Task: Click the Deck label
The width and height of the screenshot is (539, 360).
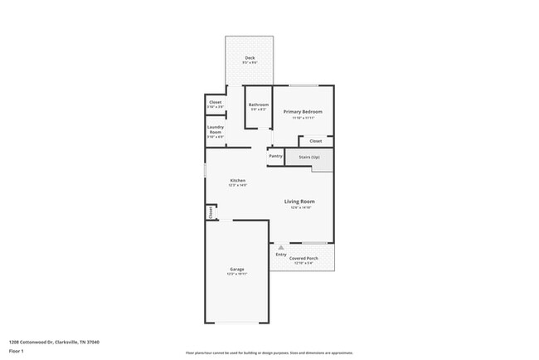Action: pos(249,57)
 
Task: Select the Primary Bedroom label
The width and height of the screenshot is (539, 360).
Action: pos(303,112)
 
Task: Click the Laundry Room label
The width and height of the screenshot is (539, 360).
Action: pos(215,129)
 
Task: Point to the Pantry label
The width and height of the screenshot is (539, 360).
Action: pos(276,156)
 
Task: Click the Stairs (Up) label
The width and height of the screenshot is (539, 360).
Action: pos(309,156)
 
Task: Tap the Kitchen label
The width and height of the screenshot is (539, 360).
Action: pos(238,181)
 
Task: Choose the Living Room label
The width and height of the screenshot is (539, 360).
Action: pos(299,202)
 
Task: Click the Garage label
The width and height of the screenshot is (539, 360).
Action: pos(236,269)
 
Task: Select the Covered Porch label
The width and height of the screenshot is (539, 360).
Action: pos(303,259)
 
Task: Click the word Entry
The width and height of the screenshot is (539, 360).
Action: pos(281,254)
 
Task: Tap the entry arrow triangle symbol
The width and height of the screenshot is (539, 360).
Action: pos(281,247)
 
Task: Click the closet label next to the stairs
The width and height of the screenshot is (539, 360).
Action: pos(316,141)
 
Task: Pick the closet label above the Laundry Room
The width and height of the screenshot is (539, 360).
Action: pos(215,103)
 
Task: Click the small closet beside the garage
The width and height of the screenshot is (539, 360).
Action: pos(211,212)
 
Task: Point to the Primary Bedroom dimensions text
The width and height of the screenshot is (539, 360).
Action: pos(303,118)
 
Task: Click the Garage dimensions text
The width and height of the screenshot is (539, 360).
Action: pos(236,274)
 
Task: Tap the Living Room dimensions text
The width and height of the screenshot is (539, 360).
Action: pos(299,207)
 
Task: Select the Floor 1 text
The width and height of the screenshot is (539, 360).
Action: pos(16,349)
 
